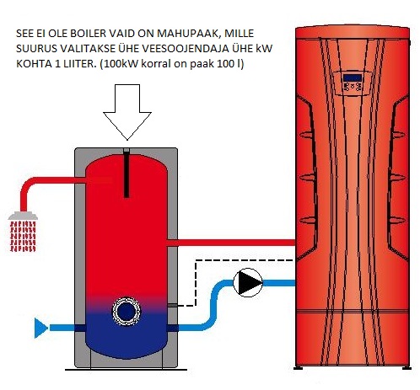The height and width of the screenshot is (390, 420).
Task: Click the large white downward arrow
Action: click(x=127, y=112)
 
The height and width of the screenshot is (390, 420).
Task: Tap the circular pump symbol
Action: click(x=248, y=282)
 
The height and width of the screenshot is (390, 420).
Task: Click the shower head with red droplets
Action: click(x=23, y=232)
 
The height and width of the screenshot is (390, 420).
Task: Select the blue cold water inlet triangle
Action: click(x=40, y=328)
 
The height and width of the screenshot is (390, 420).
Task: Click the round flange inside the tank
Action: click(x=127, y=311)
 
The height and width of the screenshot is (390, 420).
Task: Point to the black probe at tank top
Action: click(x=127, y=173)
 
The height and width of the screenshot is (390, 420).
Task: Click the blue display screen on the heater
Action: click(x=353, y=77)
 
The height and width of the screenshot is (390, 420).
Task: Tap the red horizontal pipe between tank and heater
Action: click(x=231, y=243)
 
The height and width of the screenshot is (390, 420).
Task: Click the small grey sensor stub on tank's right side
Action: click(x=172, y=306)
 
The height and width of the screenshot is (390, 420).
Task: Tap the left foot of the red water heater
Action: click(x=299, y=367)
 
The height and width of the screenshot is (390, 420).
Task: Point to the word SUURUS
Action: click(x=34, y=49)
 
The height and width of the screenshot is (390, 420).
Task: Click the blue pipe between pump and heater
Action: click(x=279, y=283)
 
